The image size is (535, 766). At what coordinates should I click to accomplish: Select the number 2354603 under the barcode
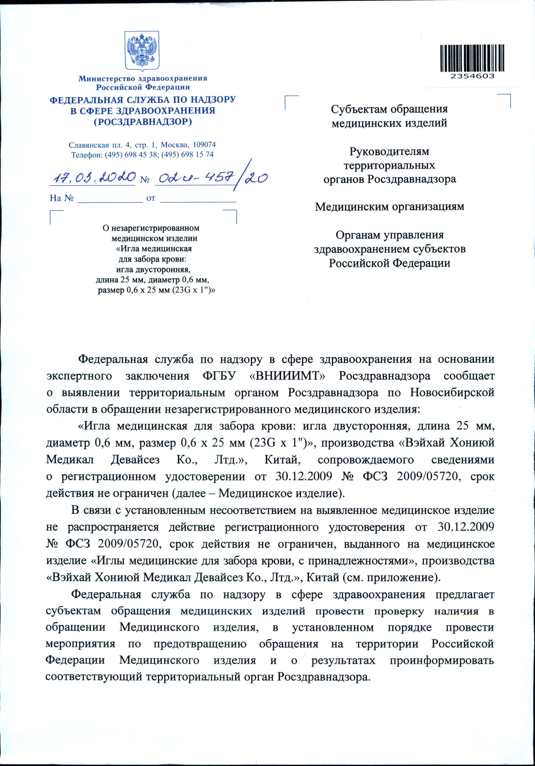472,76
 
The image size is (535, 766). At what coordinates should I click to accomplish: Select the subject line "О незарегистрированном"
151,228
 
